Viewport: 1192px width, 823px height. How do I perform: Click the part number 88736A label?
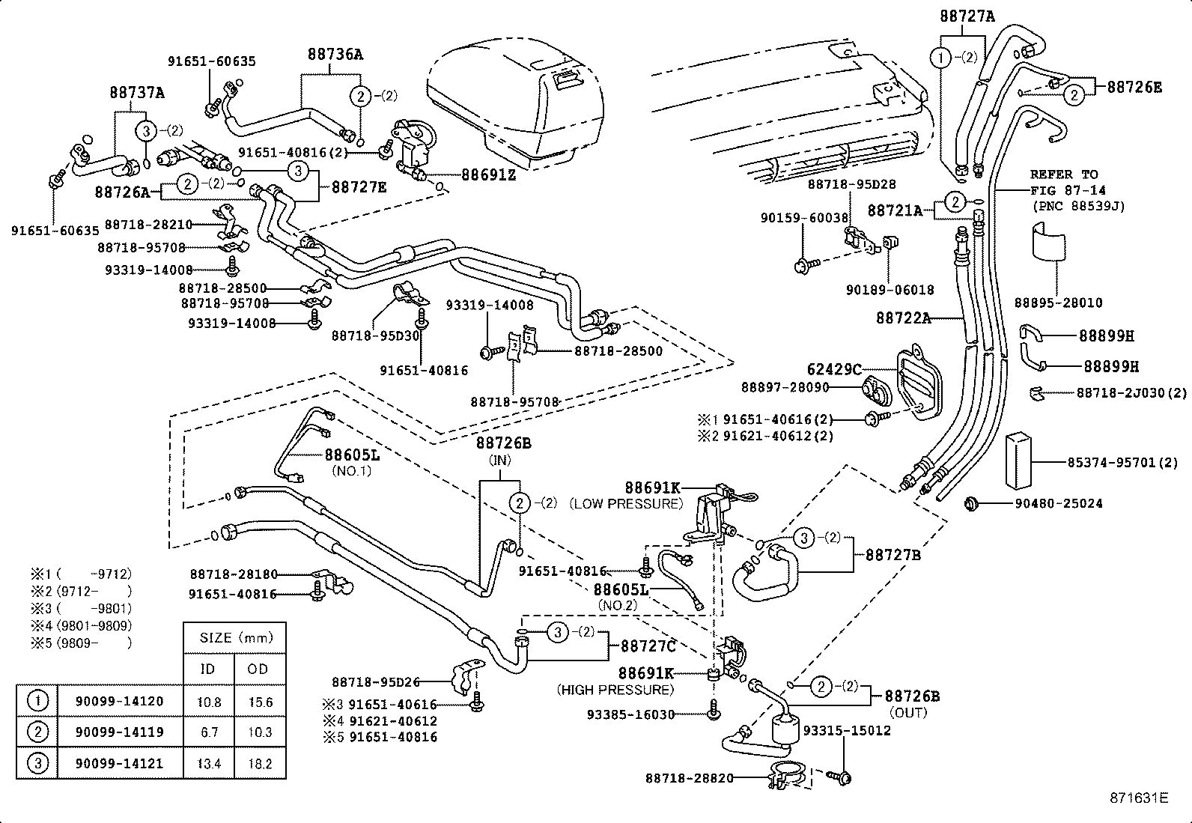pos(335,54)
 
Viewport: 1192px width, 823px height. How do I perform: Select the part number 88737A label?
pos(136,93)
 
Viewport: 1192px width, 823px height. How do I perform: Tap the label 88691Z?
pos(488,174)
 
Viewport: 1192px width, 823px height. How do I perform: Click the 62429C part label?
pos(834,369)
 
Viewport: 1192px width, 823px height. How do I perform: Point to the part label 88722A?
pos(903,318)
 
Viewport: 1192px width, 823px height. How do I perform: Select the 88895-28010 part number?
pos(1058,303)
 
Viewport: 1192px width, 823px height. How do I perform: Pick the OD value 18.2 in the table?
pos(259,764)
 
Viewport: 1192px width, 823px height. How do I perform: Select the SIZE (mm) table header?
pos(235,638)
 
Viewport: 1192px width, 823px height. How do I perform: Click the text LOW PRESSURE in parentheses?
pos(626,503)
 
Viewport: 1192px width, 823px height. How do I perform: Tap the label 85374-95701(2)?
pos(1122,463)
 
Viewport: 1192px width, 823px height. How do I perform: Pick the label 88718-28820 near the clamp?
pos(689,778)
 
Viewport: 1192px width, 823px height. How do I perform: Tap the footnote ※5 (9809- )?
pos(81,643)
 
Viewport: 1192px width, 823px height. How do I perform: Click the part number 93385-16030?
pos(630,714)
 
